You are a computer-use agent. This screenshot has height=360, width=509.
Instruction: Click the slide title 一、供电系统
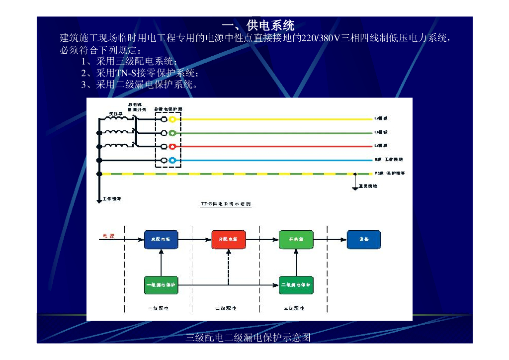(x=258, y=25)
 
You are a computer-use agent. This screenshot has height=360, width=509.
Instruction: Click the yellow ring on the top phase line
(x=172, y=119)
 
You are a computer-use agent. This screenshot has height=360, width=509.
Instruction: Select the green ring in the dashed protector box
(x=172, y=133)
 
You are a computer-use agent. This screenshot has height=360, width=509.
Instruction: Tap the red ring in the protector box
(x=172, y=146)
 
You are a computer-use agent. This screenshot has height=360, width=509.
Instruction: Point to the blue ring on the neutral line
(x=172, y=160)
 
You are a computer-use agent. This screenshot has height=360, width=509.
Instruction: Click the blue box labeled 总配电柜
(x=161, y=239)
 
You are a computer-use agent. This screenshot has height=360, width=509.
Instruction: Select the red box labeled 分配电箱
(x=229, y=239)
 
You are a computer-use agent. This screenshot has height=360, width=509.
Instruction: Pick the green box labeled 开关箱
(x=296, y=239)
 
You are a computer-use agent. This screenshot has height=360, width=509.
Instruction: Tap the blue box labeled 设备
(x=364, y=239)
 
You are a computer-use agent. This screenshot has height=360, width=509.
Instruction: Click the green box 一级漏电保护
(x=161, y=285)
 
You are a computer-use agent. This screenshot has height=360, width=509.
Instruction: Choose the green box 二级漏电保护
(x=296, y=285)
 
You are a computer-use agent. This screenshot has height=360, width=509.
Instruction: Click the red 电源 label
(x=108, y=236)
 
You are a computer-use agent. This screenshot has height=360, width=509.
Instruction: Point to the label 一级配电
(x=159, y=308)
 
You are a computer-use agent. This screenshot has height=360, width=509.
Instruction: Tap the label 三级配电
(x=294, y=308)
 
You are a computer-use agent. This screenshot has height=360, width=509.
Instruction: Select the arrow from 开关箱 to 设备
(x=330, y=240)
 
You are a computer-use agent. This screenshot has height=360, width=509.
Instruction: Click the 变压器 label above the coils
(x=116, y=113)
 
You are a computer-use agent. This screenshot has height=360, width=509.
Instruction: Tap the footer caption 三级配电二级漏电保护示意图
(x=248, y=338)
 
